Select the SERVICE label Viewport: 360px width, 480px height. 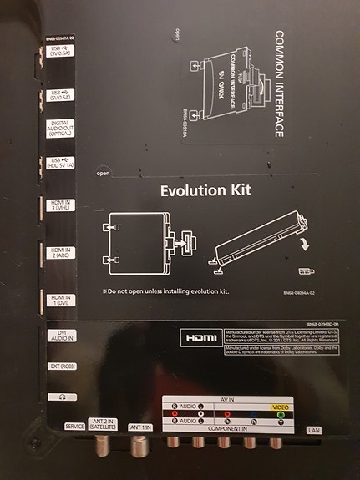(74, 427)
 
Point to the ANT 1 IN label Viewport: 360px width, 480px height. (140, 427)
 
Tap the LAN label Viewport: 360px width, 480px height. (314, 431)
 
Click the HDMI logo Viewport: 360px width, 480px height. (200, 338)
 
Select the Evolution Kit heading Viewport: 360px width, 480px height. (205, 190)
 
